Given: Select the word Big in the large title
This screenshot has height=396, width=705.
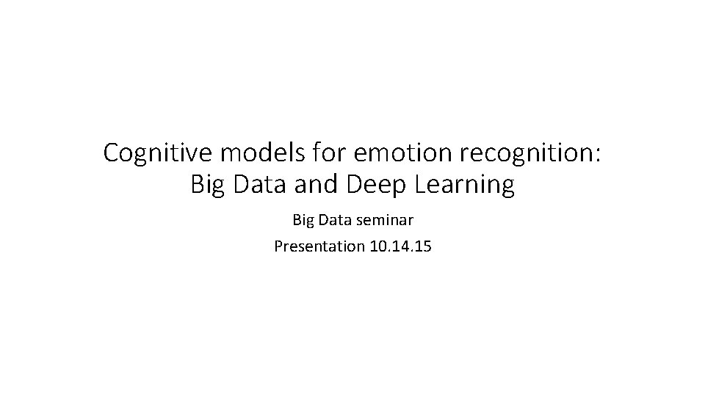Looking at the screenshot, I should [x=206, y=186].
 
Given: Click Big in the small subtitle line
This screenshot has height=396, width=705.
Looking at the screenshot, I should [x=304, y=220].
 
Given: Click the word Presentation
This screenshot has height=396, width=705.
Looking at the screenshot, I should [x=318, y=246].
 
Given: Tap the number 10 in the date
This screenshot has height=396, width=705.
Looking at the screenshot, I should [x=376, y=246].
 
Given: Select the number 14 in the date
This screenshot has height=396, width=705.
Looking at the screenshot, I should [x=399, y=246].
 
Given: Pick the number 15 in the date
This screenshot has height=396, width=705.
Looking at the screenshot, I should [x=422, y=246].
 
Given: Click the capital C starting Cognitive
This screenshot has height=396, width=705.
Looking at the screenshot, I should [x=111, y=153].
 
